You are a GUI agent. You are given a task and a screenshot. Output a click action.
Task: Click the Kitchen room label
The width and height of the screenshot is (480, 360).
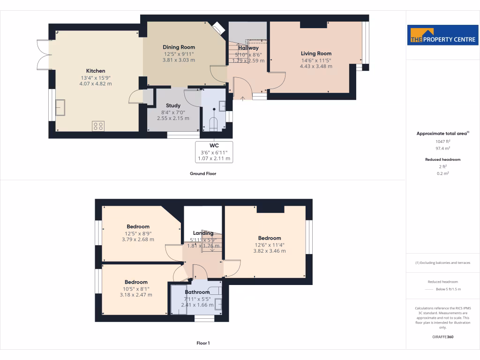95,71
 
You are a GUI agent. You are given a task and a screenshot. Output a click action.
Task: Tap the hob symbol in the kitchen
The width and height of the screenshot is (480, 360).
98,126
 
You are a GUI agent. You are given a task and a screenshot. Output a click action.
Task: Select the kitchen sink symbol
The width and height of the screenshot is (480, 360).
60,107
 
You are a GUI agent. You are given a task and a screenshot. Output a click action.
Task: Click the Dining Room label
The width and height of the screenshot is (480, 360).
179,47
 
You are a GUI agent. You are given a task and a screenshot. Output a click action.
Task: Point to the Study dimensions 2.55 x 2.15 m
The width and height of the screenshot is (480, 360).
173,118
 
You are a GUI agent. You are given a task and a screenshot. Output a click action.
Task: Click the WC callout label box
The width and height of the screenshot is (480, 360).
214,152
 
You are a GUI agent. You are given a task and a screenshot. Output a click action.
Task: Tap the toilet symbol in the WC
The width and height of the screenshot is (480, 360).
214,124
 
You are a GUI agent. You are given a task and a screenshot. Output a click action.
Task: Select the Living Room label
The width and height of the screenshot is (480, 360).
316,53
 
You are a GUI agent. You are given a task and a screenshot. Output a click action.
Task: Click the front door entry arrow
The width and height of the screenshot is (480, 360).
243,98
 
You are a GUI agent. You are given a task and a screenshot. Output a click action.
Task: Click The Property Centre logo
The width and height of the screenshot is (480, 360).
442,35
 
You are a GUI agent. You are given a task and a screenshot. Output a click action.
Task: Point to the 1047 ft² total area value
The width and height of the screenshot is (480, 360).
442,141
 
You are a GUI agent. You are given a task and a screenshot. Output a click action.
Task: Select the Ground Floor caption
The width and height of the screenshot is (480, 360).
202,173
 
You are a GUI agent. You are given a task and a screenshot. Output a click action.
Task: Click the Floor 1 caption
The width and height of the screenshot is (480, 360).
203,343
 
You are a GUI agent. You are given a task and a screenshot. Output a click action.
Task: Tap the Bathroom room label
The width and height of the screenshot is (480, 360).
197,292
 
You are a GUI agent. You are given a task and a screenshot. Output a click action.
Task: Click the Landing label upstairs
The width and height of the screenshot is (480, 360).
203,233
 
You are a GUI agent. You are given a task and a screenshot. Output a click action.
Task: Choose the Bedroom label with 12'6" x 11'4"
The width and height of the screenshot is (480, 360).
269,238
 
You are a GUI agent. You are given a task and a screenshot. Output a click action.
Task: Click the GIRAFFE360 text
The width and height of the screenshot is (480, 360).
442,337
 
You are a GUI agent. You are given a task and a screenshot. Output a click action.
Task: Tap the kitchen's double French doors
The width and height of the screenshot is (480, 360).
44,55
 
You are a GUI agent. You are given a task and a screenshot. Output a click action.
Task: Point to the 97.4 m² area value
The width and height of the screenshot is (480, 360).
442,148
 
